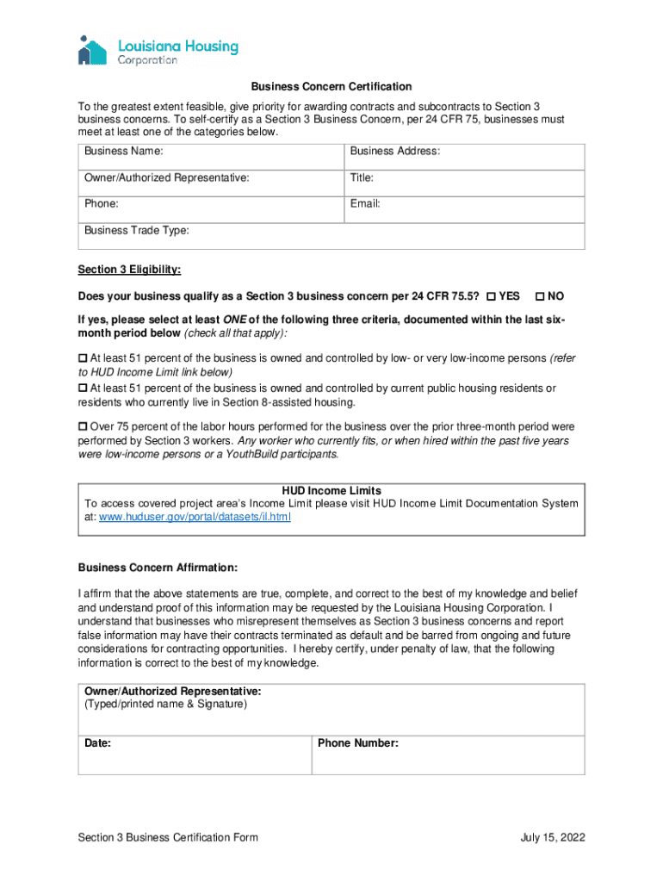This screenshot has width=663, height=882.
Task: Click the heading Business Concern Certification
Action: pos(331,87)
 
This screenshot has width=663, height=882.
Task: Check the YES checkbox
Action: pos(491,297)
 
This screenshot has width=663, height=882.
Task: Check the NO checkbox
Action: pos(540,297)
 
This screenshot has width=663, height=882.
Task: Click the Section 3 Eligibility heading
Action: pos(129,270)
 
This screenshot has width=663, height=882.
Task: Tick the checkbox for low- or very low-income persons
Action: pos(83,358)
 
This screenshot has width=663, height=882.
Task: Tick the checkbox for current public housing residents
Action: pos(83,388)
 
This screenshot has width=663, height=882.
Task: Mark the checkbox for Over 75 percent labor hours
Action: pos(83,427)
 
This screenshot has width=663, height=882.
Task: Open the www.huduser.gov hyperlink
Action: pos(195,518)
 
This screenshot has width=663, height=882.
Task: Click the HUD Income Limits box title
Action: pos(331,491)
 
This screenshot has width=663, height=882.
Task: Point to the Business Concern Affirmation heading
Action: pos(158,568)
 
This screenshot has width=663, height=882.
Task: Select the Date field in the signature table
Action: pos(195,755)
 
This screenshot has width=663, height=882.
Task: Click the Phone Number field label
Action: pos(357,743)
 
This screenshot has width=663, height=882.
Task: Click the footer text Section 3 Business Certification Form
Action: pos(168,837)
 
